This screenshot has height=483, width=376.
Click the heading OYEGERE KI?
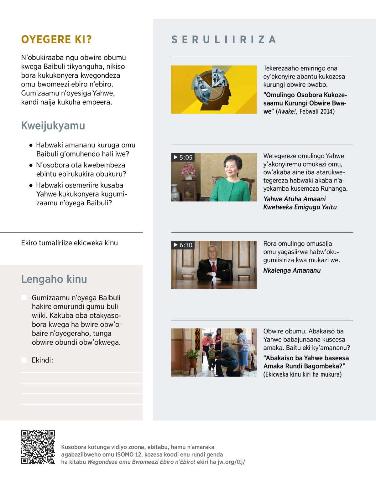click(56, 39)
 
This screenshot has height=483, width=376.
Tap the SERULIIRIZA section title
click(224, 40)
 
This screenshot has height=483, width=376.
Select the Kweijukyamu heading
click(53, 126)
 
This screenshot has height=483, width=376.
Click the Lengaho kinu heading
click(54, 279)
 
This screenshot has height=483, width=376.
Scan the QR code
click(38, 447)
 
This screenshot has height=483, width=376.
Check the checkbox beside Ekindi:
click(24, 360)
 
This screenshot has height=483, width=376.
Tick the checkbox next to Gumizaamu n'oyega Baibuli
click(24, 297)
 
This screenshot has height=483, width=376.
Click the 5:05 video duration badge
click(183, 157)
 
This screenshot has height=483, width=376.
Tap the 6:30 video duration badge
click(183, 245)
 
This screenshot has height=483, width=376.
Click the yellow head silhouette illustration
click(214, 90)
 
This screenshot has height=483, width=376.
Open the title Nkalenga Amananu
click(292, 270)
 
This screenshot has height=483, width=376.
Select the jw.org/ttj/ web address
click(231, 462)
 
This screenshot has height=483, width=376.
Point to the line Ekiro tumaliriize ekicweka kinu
click(69, 243)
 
